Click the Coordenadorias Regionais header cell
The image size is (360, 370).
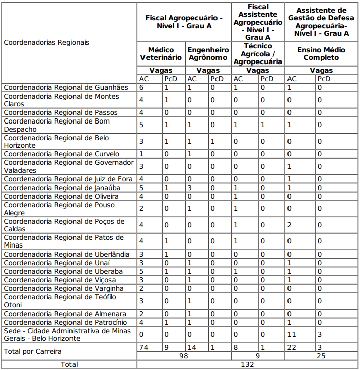[46, 43]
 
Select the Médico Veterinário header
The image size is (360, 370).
[161, 54]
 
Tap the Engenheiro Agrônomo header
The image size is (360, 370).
[208, 54]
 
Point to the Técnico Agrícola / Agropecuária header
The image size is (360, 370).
[258, 54]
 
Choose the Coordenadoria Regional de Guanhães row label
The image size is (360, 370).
[66, 87]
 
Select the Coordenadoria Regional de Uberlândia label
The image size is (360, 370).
[66, 254]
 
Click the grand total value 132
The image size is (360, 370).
[247, 364]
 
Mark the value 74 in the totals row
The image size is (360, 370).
[143, 347]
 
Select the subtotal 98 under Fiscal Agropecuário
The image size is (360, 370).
[184, 356]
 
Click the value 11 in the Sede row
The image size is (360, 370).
[291, 334]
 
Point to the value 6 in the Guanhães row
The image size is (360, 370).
[141, 87]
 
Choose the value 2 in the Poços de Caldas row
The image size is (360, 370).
[289, 225]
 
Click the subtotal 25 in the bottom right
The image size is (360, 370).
[321, 356]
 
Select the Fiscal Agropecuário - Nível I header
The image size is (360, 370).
[184, 22]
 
